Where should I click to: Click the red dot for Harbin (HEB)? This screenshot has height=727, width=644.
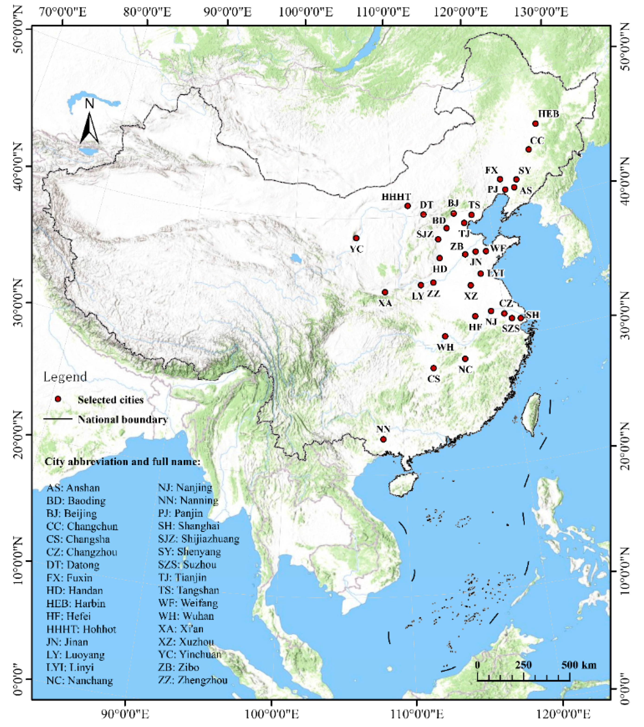tap(535, 124)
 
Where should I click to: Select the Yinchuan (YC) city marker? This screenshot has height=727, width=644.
tap(356, 238)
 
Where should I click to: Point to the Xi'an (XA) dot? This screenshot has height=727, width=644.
tap(385, 292)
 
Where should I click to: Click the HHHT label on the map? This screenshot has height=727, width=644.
tap(396, 197)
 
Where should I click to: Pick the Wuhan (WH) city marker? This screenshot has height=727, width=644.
tap(445, 336)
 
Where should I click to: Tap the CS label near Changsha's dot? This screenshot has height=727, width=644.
tap(433, 379)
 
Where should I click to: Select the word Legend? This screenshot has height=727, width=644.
tap(65, 377)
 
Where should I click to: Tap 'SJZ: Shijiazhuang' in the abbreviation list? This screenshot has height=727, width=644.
tap(198, 539)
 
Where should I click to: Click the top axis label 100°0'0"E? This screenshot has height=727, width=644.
tap(306, 13)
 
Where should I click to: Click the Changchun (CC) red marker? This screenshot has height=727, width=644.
tap(528, 149)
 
